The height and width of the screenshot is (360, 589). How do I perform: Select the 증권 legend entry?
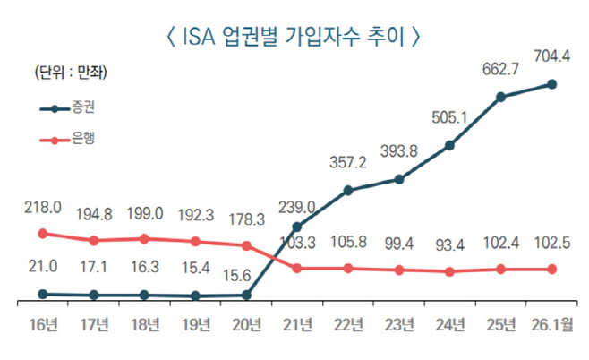83,109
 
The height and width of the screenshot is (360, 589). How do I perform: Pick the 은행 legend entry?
83,140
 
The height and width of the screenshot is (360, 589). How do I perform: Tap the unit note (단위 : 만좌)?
64,72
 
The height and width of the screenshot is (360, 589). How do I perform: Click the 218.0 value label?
42,207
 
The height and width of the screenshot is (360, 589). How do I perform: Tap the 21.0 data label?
42,266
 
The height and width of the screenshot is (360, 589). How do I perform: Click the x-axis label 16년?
42,323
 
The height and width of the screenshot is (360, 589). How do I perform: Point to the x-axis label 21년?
296,323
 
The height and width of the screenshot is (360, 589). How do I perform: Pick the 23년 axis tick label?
398,323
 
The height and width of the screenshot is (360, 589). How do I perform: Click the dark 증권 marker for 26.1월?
551,84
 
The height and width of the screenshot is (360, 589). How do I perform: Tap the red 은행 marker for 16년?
42,233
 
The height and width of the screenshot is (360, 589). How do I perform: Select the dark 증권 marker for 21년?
296,227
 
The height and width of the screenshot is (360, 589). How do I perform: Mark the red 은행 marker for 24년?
450,271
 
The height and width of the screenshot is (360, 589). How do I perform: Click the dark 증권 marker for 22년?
347,191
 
